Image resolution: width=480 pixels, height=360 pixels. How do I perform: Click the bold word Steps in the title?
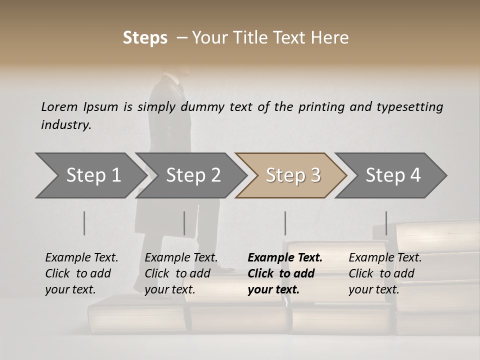[145, 38]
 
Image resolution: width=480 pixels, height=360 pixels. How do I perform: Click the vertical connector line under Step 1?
[84, 223]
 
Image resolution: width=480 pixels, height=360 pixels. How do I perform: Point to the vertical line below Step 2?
[184, 223]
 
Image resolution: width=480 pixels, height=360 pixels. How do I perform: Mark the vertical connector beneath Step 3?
[285, 223]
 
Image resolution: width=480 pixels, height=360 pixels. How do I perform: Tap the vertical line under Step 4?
[386, 223]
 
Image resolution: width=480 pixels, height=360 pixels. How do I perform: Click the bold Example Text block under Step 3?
[285, 273]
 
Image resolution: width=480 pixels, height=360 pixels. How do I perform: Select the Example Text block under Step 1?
[81, 273]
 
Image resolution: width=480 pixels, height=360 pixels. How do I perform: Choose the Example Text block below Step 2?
[181, 273]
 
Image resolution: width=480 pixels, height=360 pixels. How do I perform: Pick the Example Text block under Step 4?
[385, 273]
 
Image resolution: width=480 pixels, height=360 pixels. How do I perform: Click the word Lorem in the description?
[59, 107]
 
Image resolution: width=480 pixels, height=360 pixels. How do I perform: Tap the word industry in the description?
[66, 125]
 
